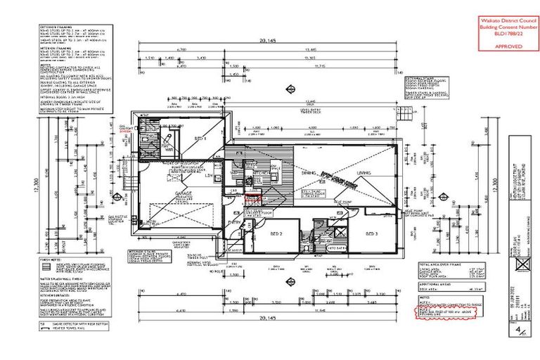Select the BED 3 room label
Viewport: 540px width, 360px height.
[x=371, y=232]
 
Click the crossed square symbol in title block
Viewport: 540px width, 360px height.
[x=520, y=263]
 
